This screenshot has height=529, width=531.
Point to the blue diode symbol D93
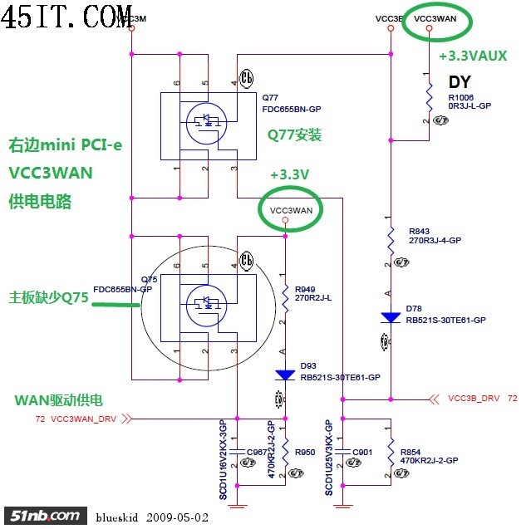[x=286, y=375]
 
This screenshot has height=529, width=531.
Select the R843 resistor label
[x=420, y=231]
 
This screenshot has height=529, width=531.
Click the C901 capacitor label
[x=363, y=452]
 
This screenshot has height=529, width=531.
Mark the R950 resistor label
[x=305, y=452]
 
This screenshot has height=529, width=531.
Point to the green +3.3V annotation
[x=289, y=175]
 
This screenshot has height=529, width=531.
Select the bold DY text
[x=460, y=81]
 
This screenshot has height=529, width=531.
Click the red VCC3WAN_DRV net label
[x=84, y=419]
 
